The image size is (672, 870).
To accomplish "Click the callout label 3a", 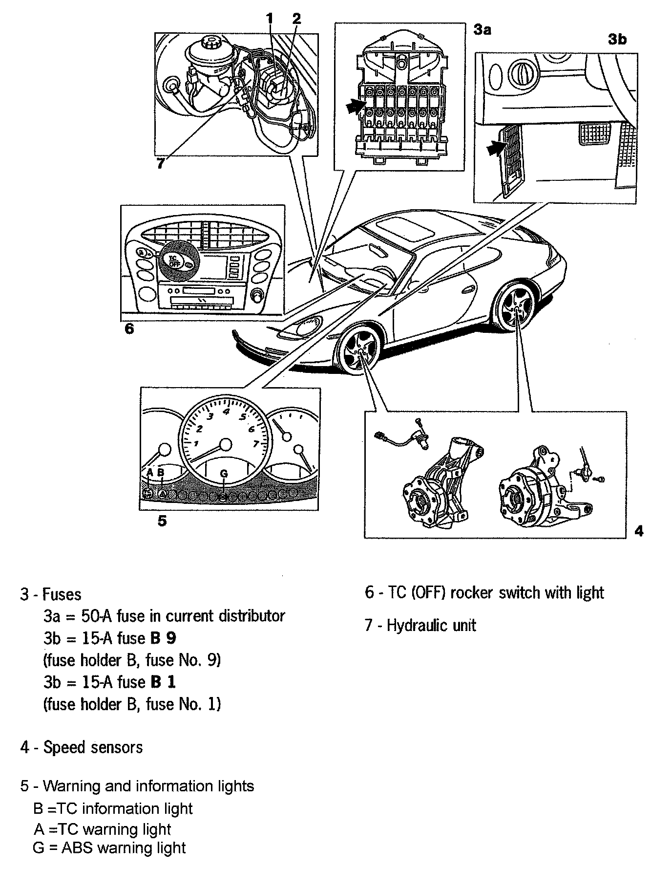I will click(x=482, y=30).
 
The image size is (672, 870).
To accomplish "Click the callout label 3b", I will click(x=617, y=39).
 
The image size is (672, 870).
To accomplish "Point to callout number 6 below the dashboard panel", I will click(x=129, y=328).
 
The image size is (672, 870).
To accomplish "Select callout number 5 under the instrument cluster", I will click(x=162, y=521).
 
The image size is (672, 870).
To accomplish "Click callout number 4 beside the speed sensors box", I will click(x=639, y=531).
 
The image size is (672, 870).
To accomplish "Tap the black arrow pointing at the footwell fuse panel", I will click(x=496, y=148).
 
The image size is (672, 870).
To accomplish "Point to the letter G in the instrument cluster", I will click(x=224, y=473).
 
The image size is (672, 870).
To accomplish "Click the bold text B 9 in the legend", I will click(x=164, y=638).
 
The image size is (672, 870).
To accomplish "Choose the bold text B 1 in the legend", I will click(x=164, y=682).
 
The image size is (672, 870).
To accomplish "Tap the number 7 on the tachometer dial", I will click(x=256, y=444).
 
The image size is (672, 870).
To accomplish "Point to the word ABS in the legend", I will click(x=77, y=847).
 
